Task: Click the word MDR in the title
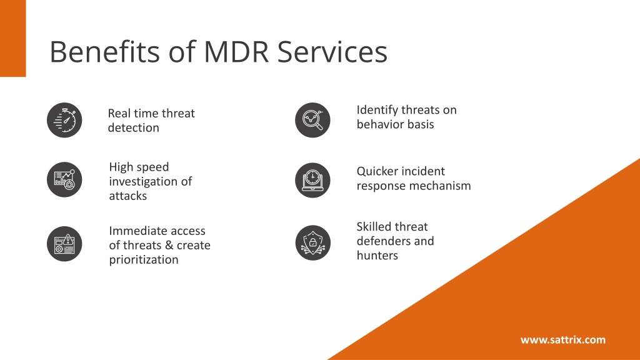(x=237, y=52)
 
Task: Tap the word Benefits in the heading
(x=104, y=52)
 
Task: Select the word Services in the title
(x=332, y=52)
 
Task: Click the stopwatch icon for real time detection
(x=64, y=120)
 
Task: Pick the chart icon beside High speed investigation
(x=64, y=179)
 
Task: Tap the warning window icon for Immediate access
(x=64, y=244)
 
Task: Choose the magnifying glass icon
(x=312, y=120)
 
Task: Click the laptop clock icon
(x=312, y=181)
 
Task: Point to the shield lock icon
(x=312, y=243)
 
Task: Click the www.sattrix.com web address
(x=563, y=339)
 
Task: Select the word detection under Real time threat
(x=134, y=127)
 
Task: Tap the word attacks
(x=127, y=196)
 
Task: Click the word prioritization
(x=144, y=259)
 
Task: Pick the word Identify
(x=377, y=110)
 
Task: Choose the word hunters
(x=377, y=256)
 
